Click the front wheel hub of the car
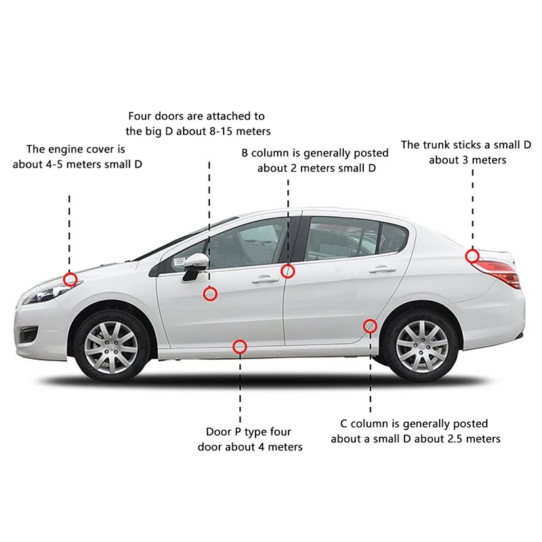(x=111, y=348)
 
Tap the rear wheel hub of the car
(x=422, y=346)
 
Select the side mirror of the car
(x=195, y=266)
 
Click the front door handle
(x=265, y=279)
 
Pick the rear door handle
(x=383, y=269)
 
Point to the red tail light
(x=498, y=273)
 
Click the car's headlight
(x=48, y=293)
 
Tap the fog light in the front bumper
(x=28, y=335)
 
